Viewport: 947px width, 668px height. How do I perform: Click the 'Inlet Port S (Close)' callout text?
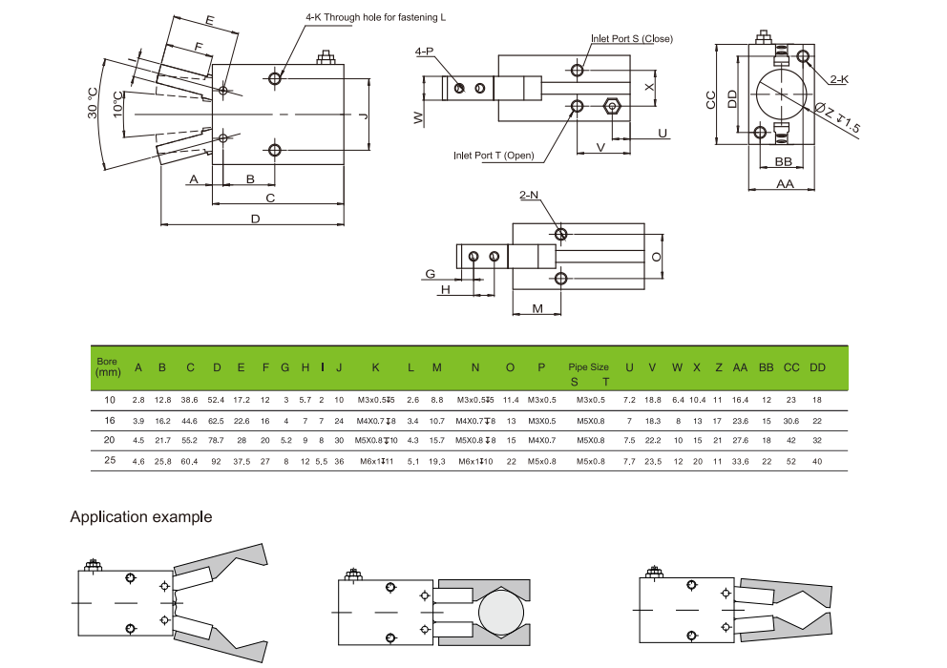tap(631, 39)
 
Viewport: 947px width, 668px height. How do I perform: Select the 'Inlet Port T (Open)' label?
tap(494, 156)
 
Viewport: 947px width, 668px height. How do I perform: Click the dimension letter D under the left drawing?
tap(255, 219)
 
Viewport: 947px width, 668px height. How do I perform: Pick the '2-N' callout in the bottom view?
tap(529, 195)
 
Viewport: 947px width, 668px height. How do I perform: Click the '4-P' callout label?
tap(424, 51)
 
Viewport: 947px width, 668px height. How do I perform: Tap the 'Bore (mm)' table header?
tap(107, 367)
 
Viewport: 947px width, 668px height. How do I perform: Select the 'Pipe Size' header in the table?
tap(588, 366)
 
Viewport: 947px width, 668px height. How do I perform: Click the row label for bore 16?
tap(110, 420)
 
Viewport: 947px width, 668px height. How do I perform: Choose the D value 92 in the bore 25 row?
tap(217, 461)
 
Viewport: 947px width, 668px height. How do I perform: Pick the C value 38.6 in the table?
tap(189, 399)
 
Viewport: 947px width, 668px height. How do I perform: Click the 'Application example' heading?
tap(140, 517)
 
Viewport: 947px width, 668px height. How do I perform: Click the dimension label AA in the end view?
tap(785, 183)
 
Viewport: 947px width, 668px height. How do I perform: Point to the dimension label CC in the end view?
tap(711, 100)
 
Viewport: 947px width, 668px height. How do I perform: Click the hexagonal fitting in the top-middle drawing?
tap(612, 106)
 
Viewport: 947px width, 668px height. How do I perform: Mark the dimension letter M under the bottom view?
tap(537, 308)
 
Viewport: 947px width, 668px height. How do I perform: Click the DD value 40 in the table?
tap(817, 461)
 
